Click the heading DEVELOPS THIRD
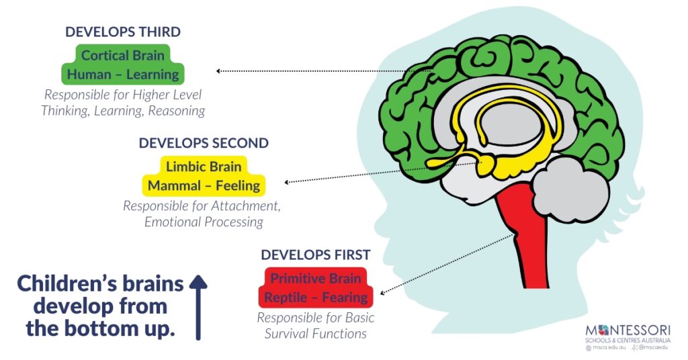click(123, 32)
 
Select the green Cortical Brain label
click(123, 55)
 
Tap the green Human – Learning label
click(123, 74)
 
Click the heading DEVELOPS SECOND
click(204, 143)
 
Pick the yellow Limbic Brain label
click(204, 166)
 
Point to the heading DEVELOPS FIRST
click(315, 255)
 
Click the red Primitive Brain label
click(315, 278)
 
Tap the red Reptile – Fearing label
click(315, 297)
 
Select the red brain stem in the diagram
click(531, 235)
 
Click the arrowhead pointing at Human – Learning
click(218, 71)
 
